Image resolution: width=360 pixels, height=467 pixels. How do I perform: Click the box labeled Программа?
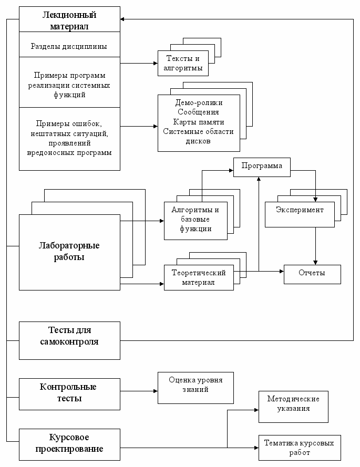tap(262, 168)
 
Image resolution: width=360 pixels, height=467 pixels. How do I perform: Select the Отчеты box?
tap(312, 274)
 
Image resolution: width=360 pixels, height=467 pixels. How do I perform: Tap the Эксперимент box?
tap(300, 214)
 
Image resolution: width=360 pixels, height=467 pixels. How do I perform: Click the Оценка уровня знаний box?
tap(196, 388)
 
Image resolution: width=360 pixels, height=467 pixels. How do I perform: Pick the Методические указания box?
tap(293, 407)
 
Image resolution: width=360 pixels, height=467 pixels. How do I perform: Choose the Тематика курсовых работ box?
tap(300, 448)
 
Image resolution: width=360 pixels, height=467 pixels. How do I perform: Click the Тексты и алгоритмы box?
tap(183, 63)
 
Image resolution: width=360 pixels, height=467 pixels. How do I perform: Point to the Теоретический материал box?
tap(199, 277)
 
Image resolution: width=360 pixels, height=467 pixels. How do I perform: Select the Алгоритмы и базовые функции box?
tap(196, 221)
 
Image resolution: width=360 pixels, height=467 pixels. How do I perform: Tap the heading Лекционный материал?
tap(69, 20)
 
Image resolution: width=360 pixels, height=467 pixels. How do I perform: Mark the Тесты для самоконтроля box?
tap(69, 340)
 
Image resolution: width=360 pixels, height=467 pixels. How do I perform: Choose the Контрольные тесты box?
tap(69, 394)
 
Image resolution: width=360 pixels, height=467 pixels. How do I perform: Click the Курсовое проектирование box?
tap(69, 444)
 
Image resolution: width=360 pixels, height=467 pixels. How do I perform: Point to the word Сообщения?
tap(198, 112)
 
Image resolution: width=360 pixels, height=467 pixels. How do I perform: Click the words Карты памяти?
tap(199, 122)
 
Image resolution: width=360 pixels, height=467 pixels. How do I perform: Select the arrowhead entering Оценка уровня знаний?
tap(155, 391)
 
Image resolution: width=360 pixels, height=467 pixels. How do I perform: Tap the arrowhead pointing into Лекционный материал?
tap(123, 19)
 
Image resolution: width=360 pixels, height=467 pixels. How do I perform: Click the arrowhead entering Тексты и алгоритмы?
tap(155, 63)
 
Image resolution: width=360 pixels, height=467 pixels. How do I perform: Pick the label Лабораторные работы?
tap(69, 252)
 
